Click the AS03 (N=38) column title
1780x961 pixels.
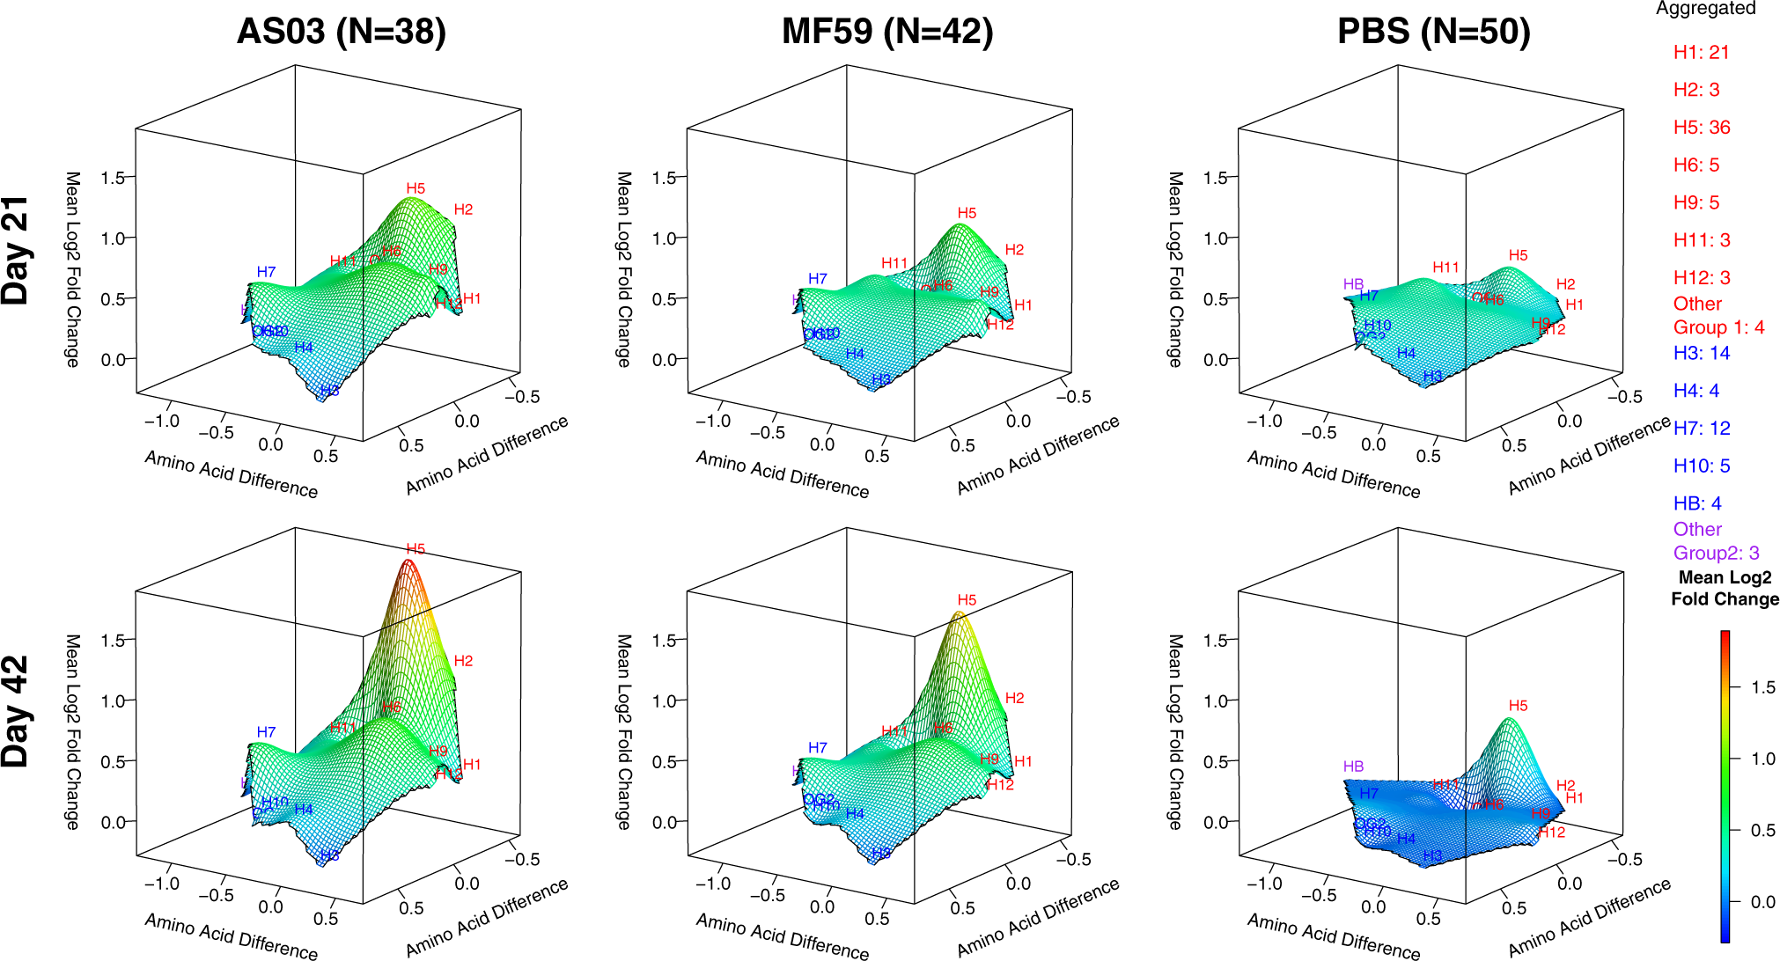pos(342,32)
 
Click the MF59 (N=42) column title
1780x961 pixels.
pos(887,32)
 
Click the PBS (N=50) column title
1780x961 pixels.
pos(1433,32)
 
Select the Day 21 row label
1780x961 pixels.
pos(16,251)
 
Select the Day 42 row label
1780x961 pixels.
pos(16,711)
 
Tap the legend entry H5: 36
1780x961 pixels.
pos(1701,128)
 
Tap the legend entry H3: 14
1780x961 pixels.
pos(1701,353)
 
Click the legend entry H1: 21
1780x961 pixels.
pos(1701,53)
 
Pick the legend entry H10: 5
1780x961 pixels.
pos(1701,466)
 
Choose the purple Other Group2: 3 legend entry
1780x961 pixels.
pos(1715,541)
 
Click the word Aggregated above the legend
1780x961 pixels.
pos(1705,9)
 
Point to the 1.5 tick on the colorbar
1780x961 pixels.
pos(1762,687)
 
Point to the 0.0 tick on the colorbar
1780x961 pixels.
pos(1762,901)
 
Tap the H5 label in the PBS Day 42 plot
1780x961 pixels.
pos(1518,706)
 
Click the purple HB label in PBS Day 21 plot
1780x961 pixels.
pos(1353,284)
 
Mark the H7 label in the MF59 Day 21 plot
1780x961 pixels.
pos(817,279)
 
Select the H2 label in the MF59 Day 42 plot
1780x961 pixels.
pos(1014,698)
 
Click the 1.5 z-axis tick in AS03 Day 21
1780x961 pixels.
pos(113,178)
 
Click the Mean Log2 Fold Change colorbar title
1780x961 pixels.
pos(1725,588)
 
